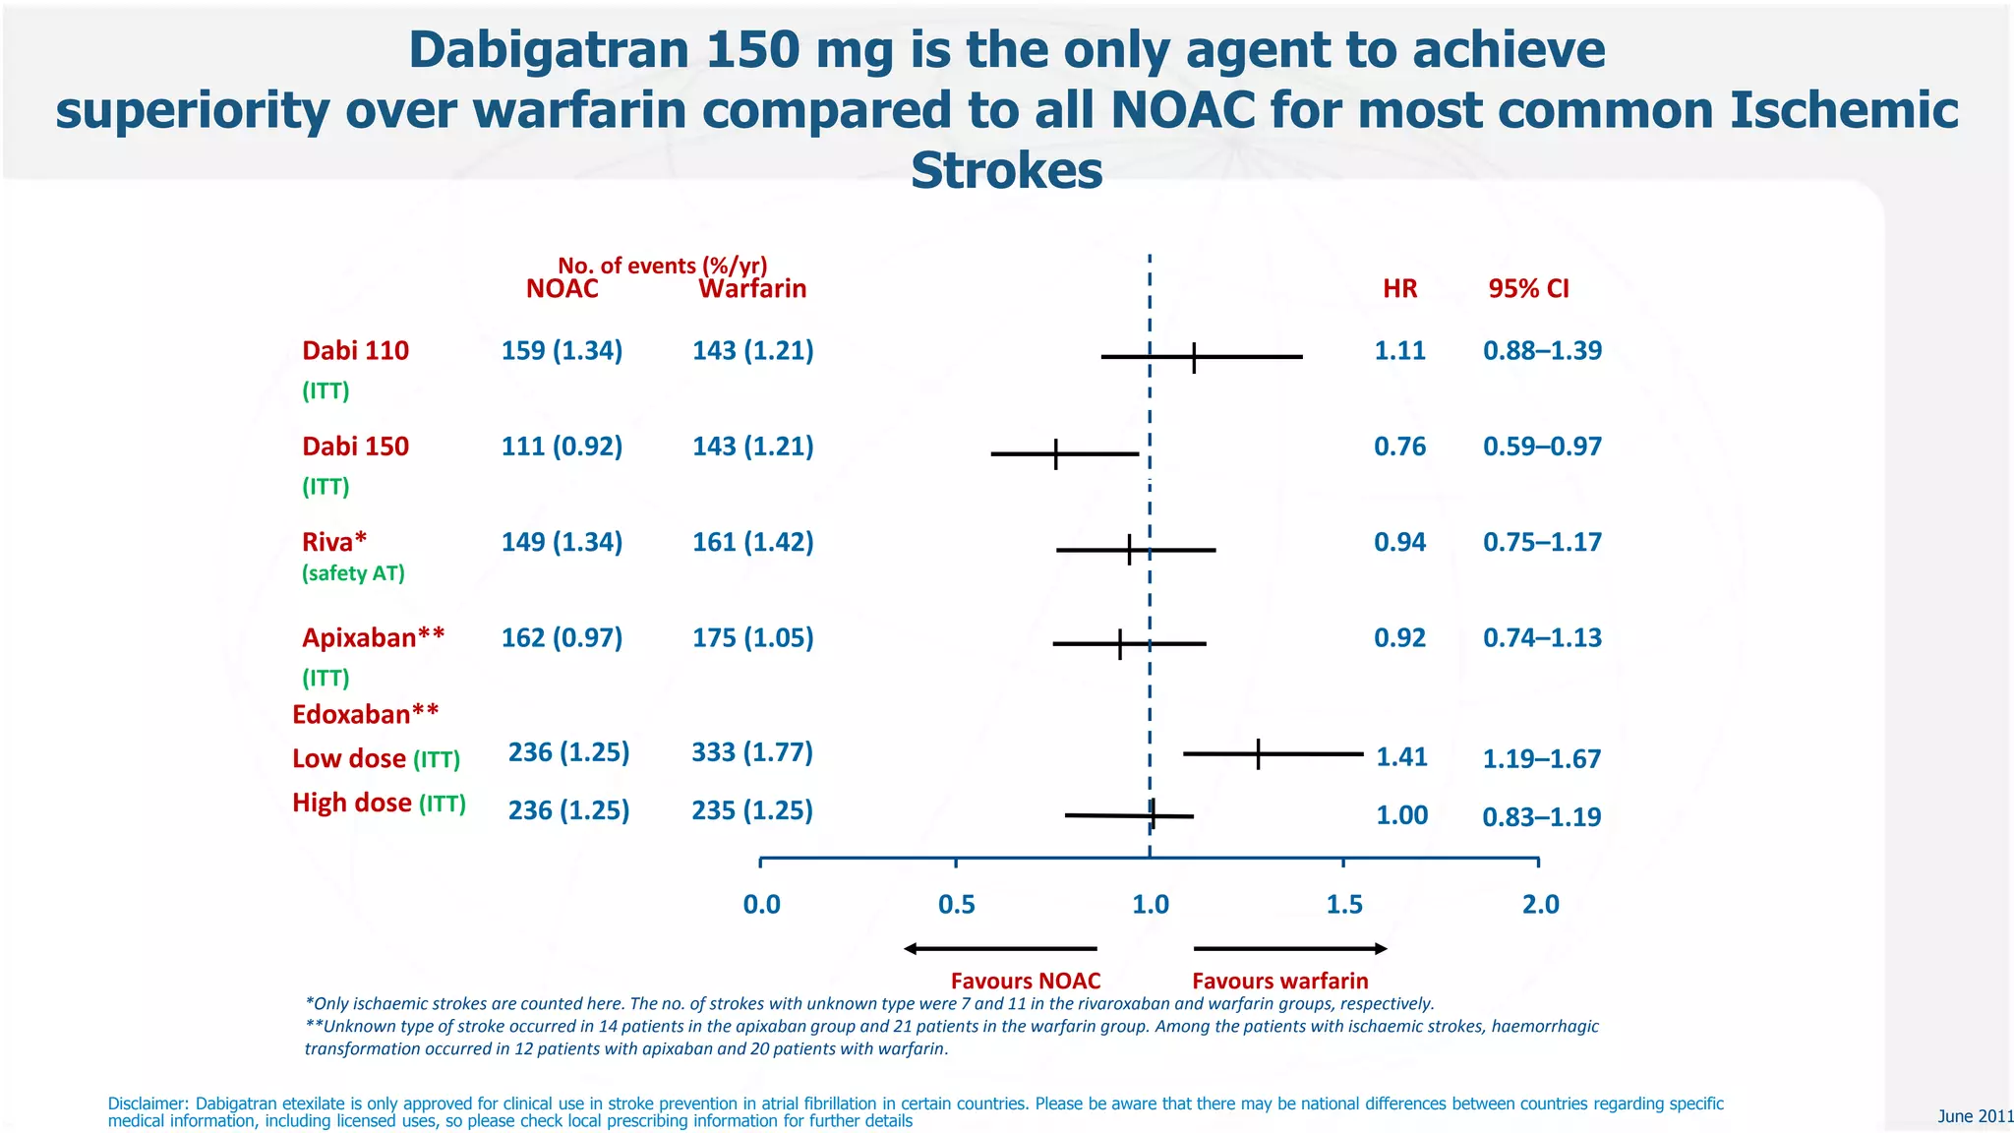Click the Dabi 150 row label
coord(355,447)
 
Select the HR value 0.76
coord(1399,447)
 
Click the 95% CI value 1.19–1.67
coord(1541,759)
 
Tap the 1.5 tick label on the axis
coord(1344,905)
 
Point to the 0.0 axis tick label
coord(761,905)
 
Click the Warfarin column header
coord(752,289)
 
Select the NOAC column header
coord(562,289)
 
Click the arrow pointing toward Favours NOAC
coord(999,949)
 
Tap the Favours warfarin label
coord(1279,982)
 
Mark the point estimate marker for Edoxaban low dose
coord(1258,754)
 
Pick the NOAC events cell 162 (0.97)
coord(562,638)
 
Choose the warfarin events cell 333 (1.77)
coord(752,752)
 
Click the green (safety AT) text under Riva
coord(353,573)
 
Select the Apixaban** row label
coord(373,638)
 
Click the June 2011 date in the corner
coord(1975,1116)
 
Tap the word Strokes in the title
coord(1006,171)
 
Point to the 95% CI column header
coord(1528,289)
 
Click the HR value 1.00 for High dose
coord(1401,815)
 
